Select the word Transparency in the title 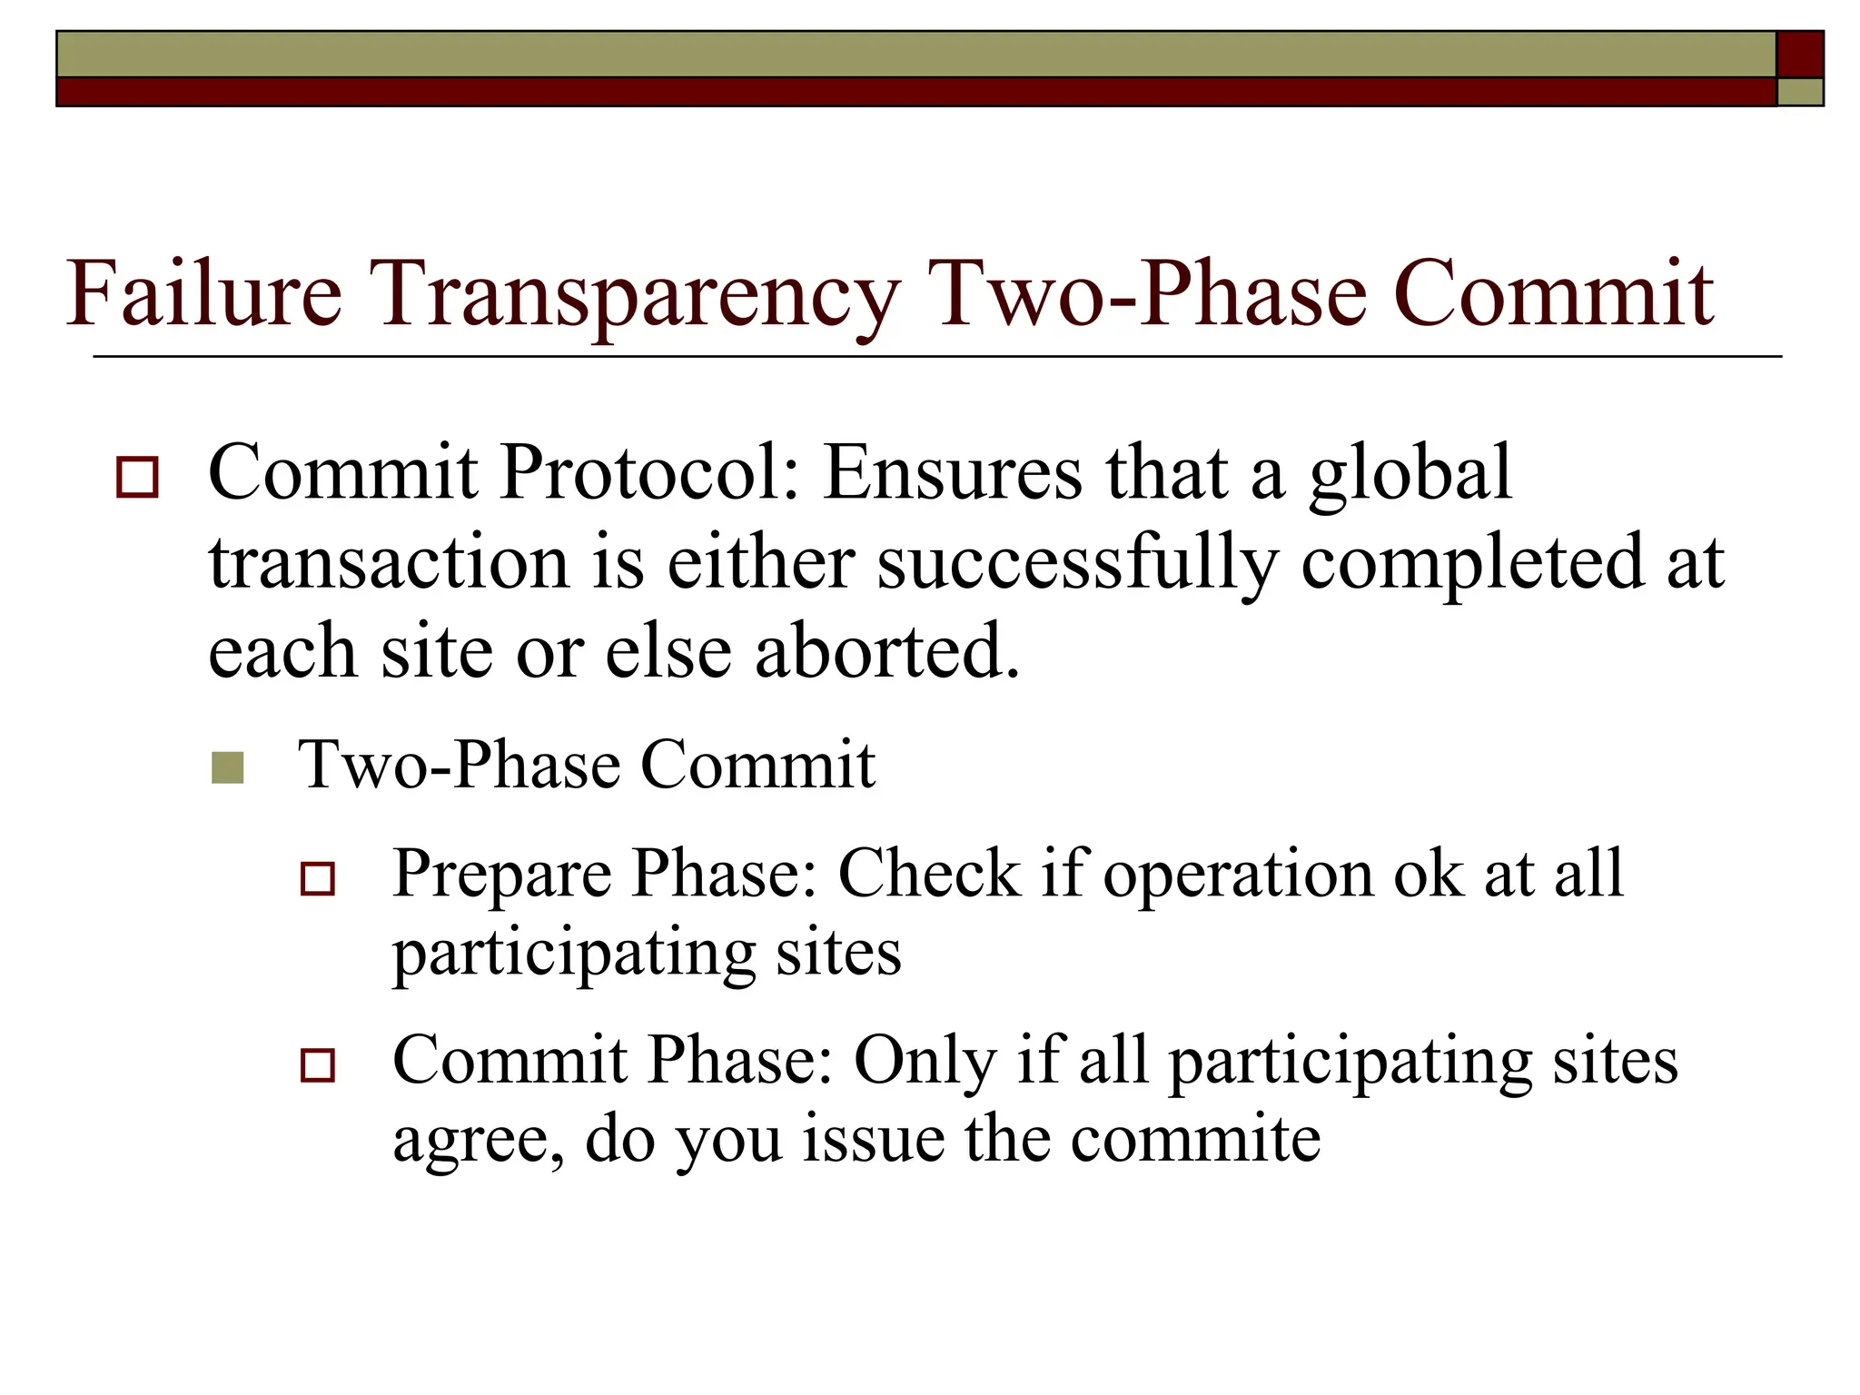coord(637,296)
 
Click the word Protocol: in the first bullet coord(649,473)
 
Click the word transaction coord(389,563)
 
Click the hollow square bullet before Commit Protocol coord(137,478)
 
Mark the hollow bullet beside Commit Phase coord(318,1064)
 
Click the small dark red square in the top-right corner coord(1799,54)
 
